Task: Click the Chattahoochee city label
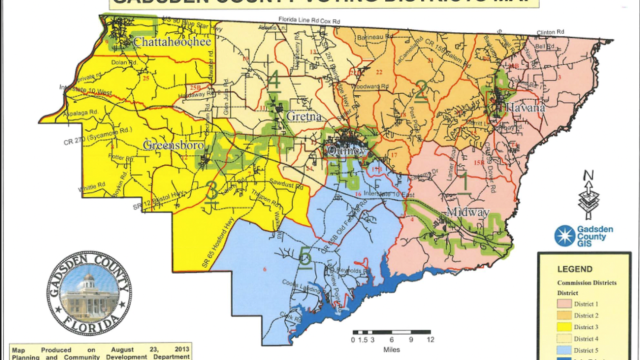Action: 172,41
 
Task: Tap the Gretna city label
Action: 300,117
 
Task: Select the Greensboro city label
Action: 173,145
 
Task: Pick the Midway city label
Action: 467,212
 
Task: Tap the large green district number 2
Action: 421,90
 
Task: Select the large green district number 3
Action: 211,191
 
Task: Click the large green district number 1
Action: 464,182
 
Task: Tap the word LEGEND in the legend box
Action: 574,269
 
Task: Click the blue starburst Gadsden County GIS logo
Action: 564,236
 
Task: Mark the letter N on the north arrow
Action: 588,175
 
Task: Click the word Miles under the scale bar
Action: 391,349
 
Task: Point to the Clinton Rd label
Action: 550,32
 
